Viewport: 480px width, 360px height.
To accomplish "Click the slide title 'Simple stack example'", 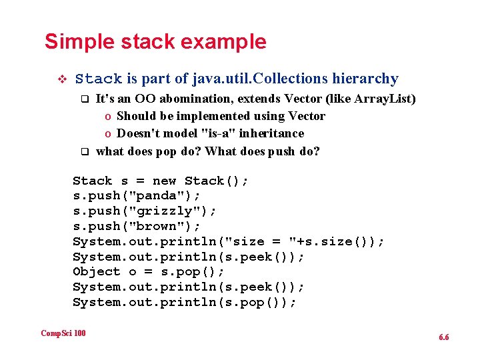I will tap(155, 42).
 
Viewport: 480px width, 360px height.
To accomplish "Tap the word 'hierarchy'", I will tap(365, 79).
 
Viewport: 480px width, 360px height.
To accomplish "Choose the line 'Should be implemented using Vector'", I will tap(221, 116).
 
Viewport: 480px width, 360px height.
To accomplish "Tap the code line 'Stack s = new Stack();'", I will tap(161, 181).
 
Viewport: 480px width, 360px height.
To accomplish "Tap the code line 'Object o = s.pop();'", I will tap(149, 272).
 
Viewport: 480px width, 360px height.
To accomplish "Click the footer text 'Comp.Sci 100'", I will tap(63, 333).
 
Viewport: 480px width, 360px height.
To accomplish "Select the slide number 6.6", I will tap(444, 337).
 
